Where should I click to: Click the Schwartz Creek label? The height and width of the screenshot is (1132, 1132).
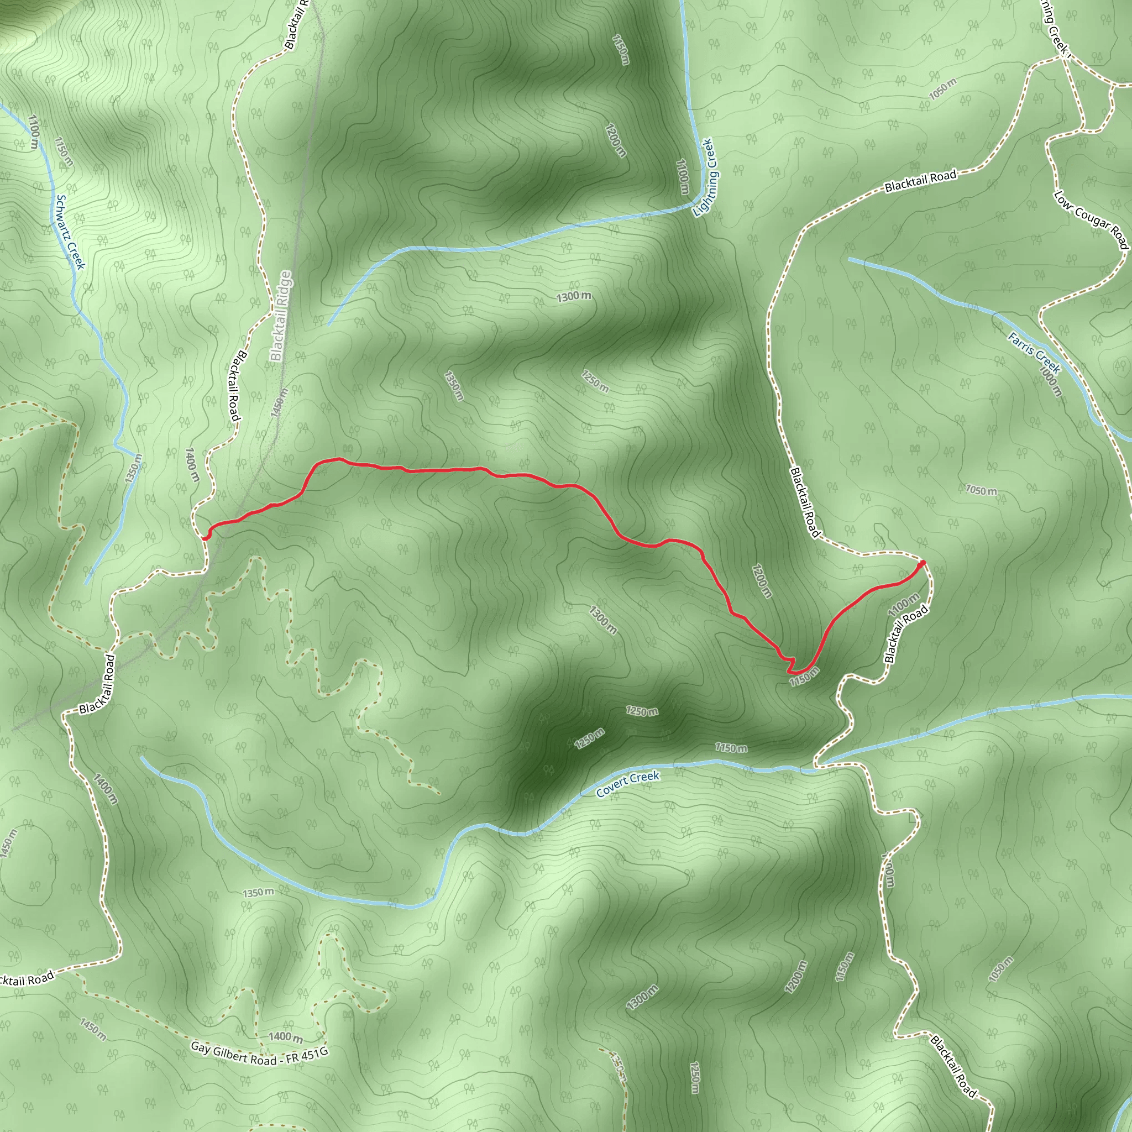(x=71, y=232)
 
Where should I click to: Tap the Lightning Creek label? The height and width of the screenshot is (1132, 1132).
(x=705, y=177)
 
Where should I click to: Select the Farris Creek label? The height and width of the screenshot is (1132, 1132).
(x=1034, y=353)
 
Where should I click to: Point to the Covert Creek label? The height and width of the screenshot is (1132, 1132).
(x=627, y=784)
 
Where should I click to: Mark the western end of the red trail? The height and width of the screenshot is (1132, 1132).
(x=205, y=537)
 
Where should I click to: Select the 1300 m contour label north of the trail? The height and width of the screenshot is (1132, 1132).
(x=574, y=296)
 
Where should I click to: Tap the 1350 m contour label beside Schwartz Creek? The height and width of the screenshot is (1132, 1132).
(x=133, y=469)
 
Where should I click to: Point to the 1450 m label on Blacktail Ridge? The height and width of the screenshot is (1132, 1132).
(x=280, y=402)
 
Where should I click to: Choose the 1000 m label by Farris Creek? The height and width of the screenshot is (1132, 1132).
(x=1050, y=381)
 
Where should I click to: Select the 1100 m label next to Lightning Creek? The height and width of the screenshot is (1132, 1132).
(x=682, y=176)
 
